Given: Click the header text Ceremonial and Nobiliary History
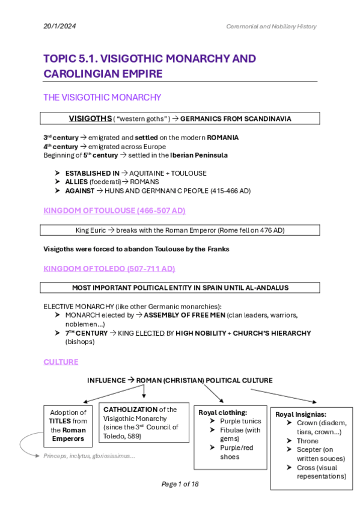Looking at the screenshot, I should (x=271, y=26).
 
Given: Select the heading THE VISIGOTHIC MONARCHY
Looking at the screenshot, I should (x=102, y=97).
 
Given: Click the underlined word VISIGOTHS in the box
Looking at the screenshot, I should (x=90, y=118).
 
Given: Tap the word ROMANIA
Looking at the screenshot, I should (x=222, y=138).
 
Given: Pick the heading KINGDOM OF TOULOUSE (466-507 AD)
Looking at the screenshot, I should (x=114, y=210).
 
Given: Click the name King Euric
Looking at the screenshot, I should (x=94, y=230).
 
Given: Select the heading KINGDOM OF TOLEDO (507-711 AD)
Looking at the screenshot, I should (x=109, y=268).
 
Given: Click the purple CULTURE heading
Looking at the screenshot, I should (x=61, y=361).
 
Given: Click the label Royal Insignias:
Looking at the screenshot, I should (x=301, y=414).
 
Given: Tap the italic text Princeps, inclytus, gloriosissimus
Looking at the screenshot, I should (x=89, y=456).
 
